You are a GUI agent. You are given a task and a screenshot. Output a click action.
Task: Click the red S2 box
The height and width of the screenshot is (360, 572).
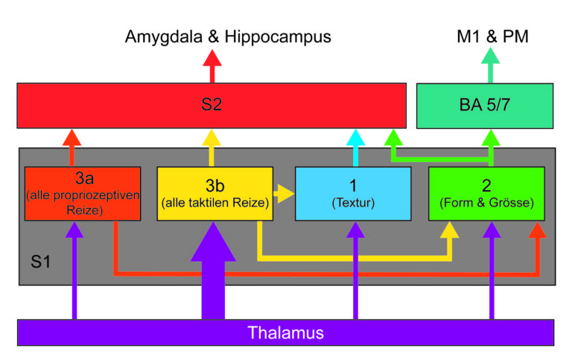coord(212,106)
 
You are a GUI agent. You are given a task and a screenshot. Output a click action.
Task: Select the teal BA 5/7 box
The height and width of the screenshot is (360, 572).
coord(485,106)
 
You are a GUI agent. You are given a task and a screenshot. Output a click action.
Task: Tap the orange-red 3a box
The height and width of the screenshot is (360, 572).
coord(83,194)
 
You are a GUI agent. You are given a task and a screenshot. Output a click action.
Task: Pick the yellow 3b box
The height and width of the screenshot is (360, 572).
coord(214,194)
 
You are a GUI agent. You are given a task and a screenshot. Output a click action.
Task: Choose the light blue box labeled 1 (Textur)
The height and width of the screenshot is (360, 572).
coord(353,194)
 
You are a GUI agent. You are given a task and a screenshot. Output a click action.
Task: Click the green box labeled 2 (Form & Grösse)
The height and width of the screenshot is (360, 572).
coord(486,194)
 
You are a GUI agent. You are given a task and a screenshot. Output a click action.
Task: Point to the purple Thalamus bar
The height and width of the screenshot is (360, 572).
coord(286,332)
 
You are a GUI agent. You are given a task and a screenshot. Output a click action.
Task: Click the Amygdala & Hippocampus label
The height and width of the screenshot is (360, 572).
coord(228,37)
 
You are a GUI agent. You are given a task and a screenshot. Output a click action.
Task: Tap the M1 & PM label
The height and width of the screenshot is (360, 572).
coord(492,37)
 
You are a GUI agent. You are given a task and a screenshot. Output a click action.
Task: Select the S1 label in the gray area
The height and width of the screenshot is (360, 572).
coord(40,262)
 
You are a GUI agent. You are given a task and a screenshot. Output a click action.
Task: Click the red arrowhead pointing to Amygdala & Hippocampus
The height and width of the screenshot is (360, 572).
coord(212,57)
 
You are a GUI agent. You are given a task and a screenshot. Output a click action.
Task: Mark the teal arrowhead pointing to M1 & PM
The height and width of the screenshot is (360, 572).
coord(491,55)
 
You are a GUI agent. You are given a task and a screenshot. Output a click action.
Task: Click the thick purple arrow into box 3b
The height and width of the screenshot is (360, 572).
coord(213,271)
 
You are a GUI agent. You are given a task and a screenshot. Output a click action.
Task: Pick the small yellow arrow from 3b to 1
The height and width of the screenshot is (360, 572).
coord(284,194)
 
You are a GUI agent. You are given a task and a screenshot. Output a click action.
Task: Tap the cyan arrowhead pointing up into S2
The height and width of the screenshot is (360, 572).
coord(356,138)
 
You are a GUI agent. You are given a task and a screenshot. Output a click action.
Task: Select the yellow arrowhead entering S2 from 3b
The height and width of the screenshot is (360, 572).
coord(212,138)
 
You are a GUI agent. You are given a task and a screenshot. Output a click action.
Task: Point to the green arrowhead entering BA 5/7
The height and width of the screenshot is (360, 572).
coord(491,138)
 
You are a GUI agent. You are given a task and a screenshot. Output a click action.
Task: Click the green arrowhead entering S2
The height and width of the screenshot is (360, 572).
coord(393,138)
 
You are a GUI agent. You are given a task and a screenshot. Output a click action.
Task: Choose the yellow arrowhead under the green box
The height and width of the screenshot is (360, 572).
coord(449,230)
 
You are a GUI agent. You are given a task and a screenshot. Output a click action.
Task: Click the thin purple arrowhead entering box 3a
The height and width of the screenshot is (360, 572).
coord(74,230)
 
